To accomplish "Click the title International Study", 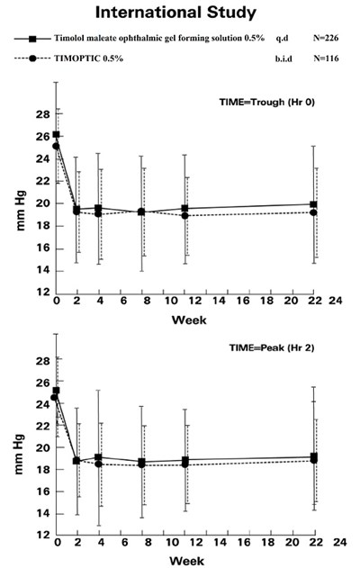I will click(x=181, y=14).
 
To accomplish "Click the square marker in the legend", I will click(x=31, y=41).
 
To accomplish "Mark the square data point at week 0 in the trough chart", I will click(x=56, y=134).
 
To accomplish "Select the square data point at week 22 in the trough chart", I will click(x=313, y=204).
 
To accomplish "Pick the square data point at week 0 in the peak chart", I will click(x=57, y=391).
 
